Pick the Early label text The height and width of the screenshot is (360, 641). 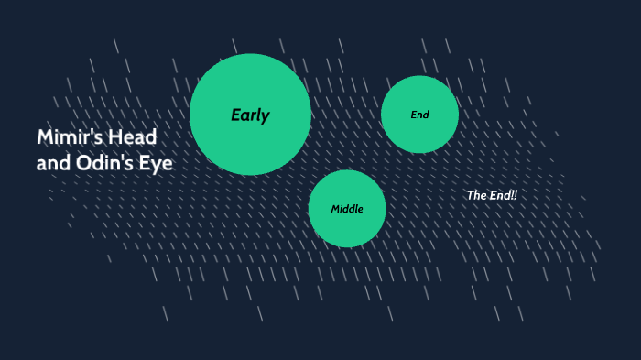[250, 115]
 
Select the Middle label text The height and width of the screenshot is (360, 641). [347, 209]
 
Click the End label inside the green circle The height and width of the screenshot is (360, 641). [419, 115]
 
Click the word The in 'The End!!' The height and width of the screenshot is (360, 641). [476, 195]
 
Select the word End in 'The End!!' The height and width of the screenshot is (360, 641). [499, 195]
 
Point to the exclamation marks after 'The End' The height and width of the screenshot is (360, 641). [515, 195]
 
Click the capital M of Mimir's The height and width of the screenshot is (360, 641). [45, 137]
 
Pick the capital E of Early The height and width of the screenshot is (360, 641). [235, 115]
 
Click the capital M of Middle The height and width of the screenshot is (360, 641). [335, 209]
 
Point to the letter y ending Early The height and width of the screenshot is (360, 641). [266, 117]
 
